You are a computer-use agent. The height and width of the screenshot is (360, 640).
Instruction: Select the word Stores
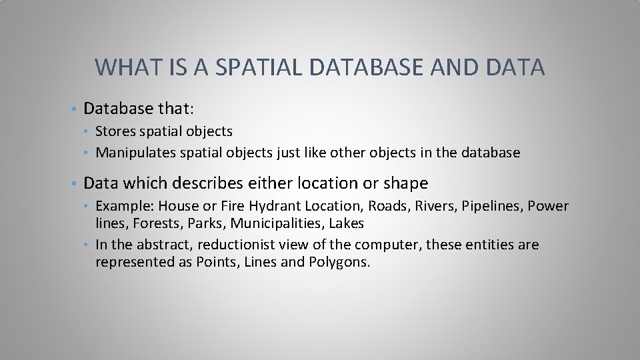click(x=115, y=131)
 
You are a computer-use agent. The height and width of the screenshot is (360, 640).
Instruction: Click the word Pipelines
click(x=492, y=206)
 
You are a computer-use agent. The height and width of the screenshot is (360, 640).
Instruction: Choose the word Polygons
click(x=339, y=262)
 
